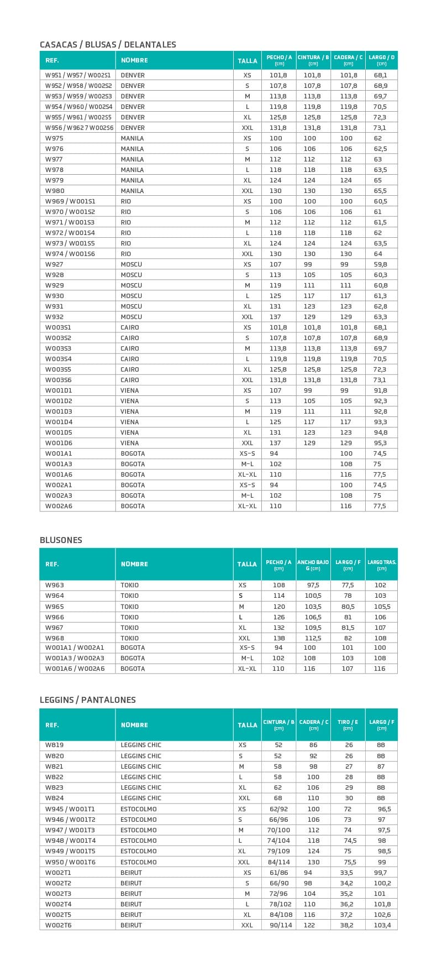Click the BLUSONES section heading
click(61, 540)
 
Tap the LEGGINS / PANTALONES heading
click(88, 700)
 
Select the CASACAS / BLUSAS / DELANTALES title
click(108, 44)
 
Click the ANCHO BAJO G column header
click(313, 565)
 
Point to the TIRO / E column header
click(348, 725)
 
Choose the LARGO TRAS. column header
click(382, 565)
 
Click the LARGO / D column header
click(381, 60)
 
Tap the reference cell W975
click(54, 138)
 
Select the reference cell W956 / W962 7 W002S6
click(79, 128)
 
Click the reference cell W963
click(54, 585)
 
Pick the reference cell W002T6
click(58, 925)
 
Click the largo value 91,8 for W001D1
click(380, 390)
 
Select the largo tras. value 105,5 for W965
click(382, 607)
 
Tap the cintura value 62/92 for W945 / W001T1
click(278, 809)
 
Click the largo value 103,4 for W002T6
click(382, 925)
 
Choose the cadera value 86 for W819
click(313, 745)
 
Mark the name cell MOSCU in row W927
click(131, 264)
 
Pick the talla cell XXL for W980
click(247, 191)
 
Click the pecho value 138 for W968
click(279, 638)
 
